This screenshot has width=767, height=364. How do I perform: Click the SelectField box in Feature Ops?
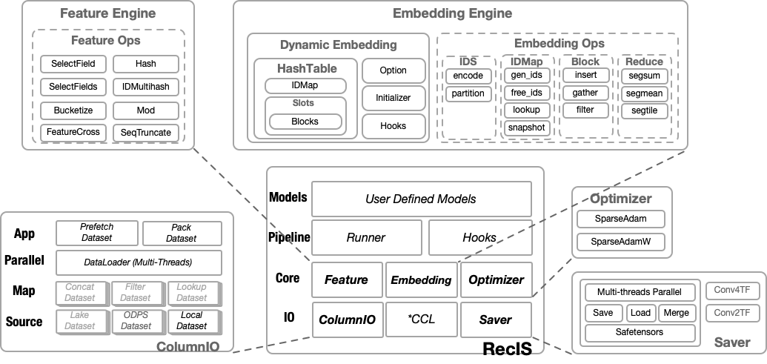[x=73, y=63]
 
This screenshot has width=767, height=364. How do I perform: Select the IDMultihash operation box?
[x=146, y=87]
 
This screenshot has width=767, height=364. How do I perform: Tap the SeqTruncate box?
[x=146, y=133]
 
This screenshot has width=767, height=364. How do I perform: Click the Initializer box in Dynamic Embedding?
[x=393, y=98]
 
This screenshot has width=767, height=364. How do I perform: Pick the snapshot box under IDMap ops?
[x=526, y=128]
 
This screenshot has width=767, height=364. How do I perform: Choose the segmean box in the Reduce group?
[x=644, y=93]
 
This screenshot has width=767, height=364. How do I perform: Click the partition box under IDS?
[x=468, y=93]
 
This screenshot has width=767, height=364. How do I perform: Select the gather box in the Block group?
[x=585, y=93]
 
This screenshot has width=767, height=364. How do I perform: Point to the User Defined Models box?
[x=421, y=199]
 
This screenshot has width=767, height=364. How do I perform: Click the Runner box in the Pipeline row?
[x=366, y=238]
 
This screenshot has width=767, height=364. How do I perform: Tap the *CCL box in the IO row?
[x=421, y=320]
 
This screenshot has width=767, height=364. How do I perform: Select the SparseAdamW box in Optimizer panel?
[x=621, y=242]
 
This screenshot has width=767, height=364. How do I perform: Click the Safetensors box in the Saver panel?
[x=640, y=333]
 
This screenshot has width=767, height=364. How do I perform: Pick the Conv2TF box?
[x=732, y=314]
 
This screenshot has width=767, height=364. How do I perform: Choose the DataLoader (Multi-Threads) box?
[x=139, y=262]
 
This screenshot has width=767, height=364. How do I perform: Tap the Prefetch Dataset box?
[x=96, y=233]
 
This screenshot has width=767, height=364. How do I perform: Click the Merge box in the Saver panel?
[x=676, y=313]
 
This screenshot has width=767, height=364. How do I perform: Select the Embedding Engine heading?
[x=462, y=13]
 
